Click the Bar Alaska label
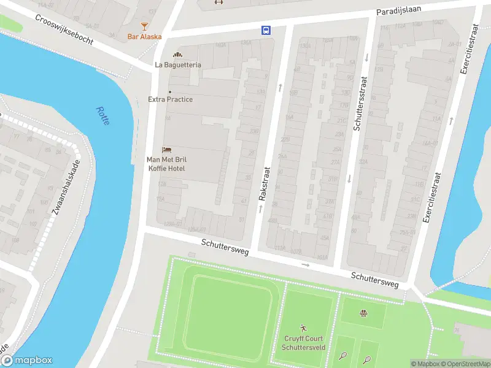point(144,37)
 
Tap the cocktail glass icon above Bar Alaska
point(144,26)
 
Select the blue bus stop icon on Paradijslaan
point(266,30)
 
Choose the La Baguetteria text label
point(178,64)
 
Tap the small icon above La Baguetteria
point(178,55)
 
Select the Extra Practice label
point(170,99)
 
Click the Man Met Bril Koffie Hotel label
point(166,164)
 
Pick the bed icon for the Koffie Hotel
point(166,150)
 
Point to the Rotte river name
point(102,116)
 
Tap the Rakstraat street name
point(264,184)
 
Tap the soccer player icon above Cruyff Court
point(303,329)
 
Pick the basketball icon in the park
point(363,314)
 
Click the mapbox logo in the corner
point(27,361)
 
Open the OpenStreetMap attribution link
point(465,364)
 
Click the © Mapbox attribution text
point(426,364)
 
